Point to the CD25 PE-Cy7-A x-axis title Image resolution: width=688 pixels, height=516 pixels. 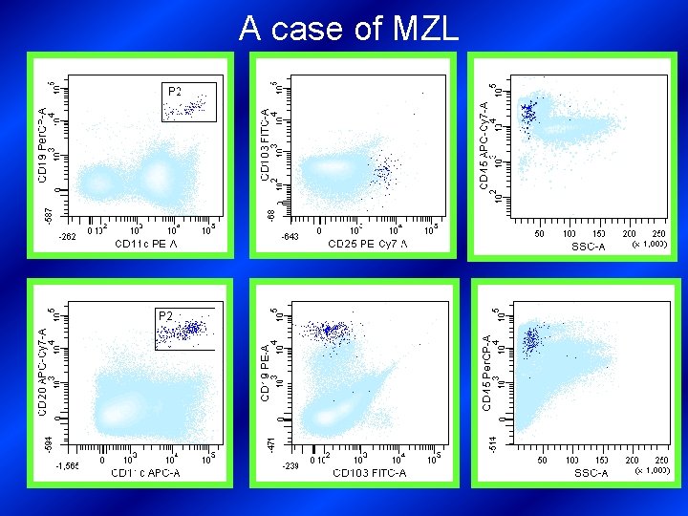click(x=367, y=245)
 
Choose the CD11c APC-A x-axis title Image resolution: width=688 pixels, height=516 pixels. click(x=145, y=473)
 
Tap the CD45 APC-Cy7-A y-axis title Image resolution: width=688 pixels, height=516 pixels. click(x=484, y=142)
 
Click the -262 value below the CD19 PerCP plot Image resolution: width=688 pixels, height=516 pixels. click(x=68, y=236)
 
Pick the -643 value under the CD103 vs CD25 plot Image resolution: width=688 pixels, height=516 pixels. click(x=290, y=236)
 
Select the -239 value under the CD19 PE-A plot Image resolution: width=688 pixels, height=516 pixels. click(x=290, y=466)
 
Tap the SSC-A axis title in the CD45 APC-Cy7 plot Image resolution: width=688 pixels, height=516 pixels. click(x=589, y=247)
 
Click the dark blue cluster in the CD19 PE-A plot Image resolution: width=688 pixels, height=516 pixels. click(x=328, y=331)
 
